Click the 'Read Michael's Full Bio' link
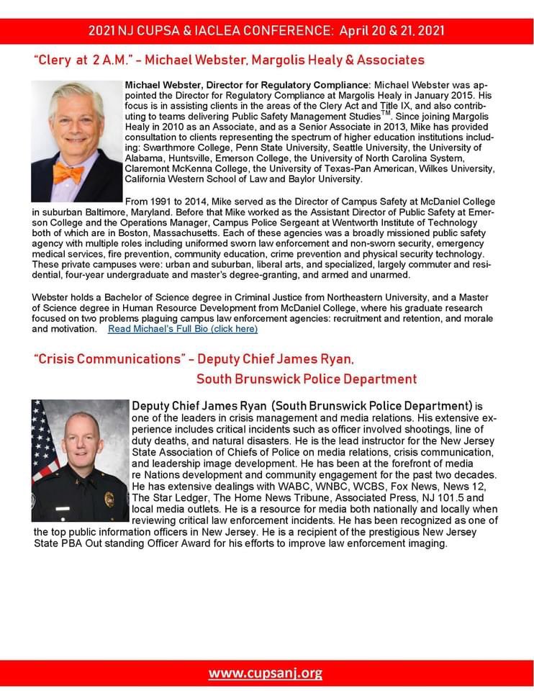pos(182,329)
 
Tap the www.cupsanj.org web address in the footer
pos(266,674)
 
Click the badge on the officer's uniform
pos(109,498)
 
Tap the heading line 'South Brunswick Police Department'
pos(306,379)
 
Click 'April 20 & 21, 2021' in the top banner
pos(392,31)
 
